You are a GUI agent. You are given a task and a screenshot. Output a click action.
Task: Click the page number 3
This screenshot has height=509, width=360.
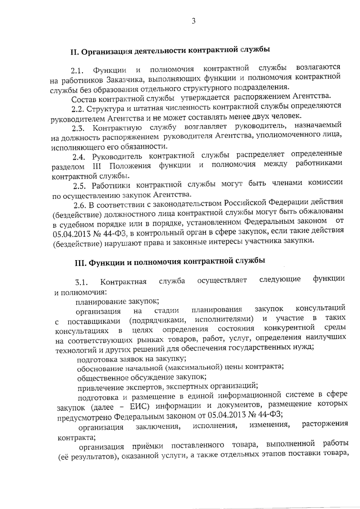(x=193, y=21)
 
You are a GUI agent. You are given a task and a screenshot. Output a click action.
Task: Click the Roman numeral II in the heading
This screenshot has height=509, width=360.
(x=74, y=52)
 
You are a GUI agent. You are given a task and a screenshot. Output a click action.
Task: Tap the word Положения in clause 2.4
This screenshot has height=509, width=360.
(x=130, y=166)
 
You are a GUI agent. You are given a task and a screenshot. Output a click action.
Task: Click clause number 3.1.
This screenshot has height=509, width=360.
(x=81, y=282)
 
